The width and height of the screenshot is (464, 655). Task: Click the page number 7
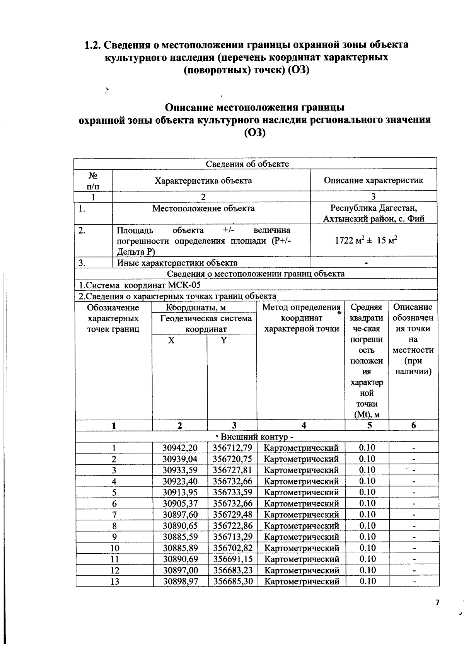[437, 602]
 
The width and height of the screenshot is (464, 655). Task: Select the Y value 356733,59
[232, 492]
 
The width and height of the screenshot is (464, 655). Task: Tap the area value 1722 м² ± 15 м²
[366, 240]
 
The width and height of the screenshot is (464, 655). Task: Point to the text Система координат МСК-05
[140, 285]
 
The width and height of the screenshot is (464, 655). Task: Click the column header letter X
[171, 340]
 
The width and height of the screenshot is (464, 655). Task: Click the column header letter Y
[223, 340]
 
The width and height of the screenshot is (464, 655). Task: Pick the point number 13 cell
[114, 581]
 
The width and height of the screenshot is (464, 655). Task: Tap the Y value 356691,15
[232, 559]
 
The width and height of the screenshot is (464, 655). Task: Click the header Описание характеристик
[373, 180]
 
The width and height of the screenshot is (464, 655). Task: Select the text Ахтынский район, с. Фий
[374, 219]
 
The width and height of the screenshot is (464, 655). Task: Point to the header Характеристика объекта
[203, 181]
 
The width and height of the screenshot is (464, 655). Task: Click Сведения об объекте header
[247, 164]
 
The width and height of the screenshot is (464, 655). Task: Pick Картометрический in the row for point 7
[301, 515]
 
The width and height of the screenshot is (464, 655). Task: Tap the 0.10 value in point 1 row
[367, 448]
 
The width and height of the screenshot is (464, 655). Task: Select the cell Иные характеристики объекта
[177, 263]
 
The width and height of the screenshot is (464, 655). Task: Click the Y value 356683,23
[232, 570]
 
